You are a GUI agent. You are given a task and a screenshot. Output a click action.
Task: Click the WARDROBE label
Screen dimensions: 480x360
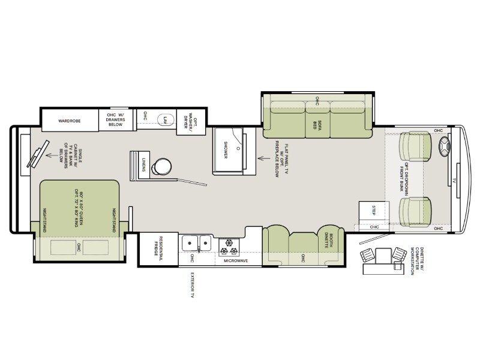(x=70, y=121)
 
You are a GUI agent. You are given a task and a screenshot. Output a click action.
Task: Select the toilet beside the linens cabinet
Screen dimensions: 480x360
(x=162, y=166)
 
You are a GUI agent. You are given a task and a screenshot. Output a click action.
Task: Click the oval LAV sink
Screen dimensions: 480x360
(x=166, y=119)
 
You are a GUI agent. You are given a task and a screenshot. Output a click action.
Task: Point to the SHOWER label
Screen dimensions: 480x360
(x=226, y=150)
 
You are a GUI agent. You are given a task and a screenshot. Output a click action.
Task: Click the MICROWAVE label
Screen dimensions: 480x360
(x=236, y=261)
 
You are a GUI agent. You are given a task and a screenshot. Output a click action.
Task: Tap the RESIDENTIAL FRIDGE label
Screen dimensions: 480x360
(x=158, y=246)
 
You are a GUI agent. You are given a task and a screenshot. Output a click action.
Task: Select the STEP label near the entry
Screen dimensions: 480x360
(x=373, y=210)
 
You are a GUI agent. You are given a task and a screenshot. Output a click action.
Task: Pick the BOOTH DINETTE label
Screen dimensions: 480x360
(x=328, y=241)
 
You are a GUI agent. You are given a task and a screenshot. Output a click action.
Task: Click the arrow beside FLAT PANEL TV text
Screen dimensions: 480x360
(x=264, y=158)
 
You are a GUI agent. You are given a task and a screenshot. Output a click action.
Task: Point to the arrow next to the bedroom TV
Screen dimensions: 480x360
(x=52, y=155)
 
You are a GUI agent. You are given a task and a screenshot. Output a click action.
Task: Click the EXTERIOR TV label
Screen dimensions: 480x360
(x=193, y=284)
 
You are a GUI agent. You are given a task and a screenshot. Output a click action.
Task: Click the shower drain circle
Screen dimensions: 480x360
(x=238, y=148)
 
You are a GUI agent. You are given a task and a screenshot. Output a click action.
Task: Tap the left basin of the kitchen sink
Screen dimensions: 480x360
(x=190, y=243)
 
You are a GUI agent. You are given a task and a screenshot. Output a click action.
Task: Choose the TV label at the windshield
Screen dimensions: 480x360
(x=454, y=181)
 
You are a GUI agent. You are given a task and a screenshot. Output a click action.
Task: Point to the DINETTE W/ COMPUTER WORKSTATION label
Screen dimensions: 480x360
(x=416, y=261)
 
